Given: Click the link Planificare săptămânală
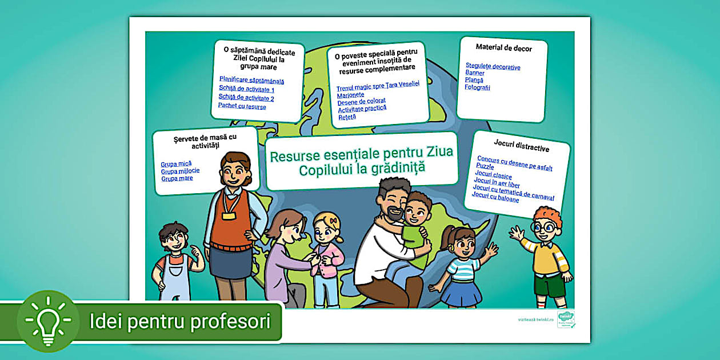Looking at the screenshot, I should pyautogui.click(x=251, y=81).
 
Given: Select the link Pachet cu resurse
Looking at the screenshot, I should pyautogui.click(x=242, y=106).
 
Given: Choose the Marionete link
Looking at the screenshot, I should pyautogui.click(x=350, y=95).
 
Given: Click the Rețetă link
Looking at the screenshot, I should pyautogui.click(x=347, y=117).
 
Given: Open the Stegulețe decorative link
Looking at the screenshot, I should pyautogui.click(x=493, y=67).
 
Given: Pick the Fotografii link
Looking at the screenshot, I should pyautogui.click(x=477, y=88).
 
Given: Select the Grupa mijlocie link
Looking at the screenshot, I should pyautogui.click(x=180, y=171).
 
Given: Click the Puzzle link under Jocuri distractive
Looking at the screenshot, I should pyautogui.click(x=485, y=166).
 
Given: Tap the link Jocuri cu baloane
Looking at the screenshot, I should pyautogui.click(x=495, y=197).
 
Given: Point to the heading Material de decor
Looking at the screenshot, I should pyautogui.click(x=503, y=49).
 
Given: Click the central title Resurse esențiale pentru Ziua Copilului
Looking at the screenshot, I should pyautogui.click(x=361, y=161).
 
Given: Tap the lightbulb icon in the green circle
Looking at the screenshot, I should pyautogui.click(x=48, y=321).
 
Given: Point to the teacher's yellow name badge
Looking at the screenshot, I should pyautogui.click(x=229, y=216).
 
